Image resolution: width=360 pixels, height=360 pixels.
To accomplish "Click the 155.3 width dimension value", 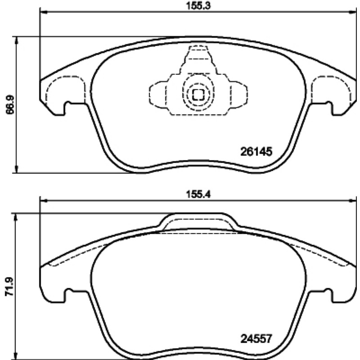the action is (198, 6).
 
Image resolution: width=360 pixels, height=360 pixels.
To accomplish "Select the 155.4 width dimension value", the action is (198, 194).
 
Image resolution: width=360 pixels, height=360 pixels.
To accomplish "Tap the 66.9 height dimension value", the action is (10, 104).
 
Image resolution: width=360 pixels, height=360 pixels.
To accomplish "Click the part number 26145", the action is (256, 152).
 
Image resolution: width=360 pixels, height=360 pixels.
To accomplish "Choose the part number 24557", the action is (256, 339).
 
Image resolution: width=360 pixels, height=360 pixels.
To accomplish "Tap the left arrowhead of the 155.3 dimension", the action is (43, 12).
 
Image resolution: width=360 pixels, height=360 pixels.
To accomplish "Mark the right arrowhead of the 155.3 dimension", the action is (352, 12).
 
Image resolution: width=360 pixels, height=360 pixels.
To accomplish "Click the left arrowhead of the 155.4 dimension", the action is (43, 201).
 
